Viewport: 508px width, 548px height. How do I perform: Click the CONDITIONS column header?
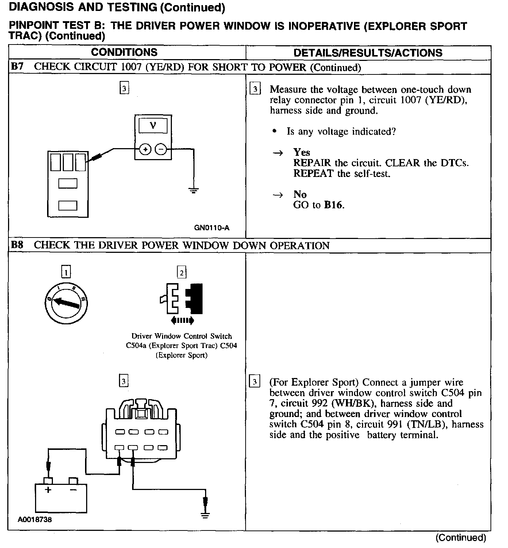[x=124, y=52]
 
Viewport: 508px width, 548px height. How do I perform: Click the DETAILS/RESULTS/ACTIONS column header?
[x=368, y=53]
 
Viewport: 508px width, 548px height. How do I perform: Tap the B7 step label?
[x=17, y=67]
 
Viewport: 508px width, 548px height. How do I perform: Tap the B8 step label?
[x=17, y=245]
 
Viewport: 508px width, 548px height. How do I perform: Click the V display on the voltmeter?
[x=153, y=126]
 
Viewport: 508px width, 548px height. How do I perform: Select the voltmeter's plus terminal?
[x=145, y=149]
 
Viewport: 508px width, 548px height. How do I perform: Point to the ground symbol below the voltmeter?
[x=193, y=190]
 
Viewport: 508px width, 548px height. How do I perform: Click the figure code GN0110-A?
[x=212, y=228]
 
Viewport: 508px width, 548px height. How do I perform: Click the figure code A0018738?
[x=35, y=520]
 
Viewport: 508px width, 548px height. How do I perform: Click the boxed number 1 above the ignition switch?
[x=66, y=272]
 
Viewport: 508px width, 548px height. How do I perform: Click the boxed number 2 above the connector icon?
[x=181, y=272]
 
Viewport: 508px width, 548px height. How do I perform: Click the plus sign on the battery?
[x=48, y=490]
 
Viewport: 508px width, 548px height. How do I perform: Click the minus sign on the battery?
[x=73, y=490]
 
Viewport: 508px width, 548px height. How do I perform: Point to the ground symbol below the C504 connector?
[x=205, y=515]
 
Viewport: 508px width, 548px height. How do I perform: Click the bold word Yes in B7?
[x=301, y=152]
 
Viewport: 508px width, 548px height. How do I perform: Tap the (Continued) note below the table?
[x=461, y=537]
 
